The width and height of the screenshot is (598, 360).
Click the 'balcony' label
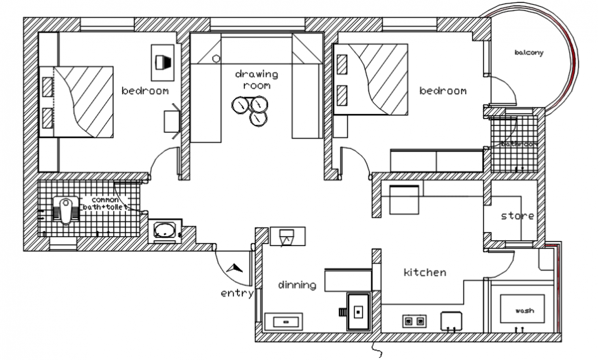[529, 53]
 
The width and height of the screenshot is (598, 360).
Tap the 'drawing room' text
[256, 80]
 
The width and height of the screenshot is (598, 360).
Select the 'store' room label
[517, 216]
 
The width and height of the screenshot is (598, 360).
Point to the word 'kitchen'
[424, 273]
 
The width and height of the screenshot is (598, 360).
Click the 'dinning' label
[297, 284]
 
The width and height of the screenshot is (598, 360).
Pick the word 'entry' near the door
[236, 293]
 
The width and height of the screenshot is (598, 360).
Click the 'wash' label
[524, 311]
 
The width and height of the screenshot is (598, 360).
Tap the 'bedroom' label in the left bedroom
[145, 91]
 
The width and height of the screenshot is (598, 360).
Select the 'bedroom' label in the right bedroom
[443, 91]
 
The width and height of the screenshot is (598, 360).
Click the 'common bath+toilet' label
[104, 203]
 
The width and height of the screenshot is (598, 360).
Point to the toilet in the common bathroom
[67, 209]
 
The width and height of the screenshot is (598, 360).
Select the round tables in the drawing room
[250, 107]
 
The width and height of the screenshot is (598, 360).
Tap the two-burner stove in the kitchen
[414, 320]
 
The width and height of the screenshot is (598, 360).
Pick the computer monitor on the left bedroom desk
[162, 62]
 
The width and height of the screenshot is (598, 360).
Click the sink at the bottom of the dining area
[284, 320]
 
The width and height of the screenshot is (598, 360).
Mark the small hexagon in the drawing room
[216, 59]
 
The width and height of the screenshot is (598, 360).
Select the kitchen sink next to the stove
[450, 319]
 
